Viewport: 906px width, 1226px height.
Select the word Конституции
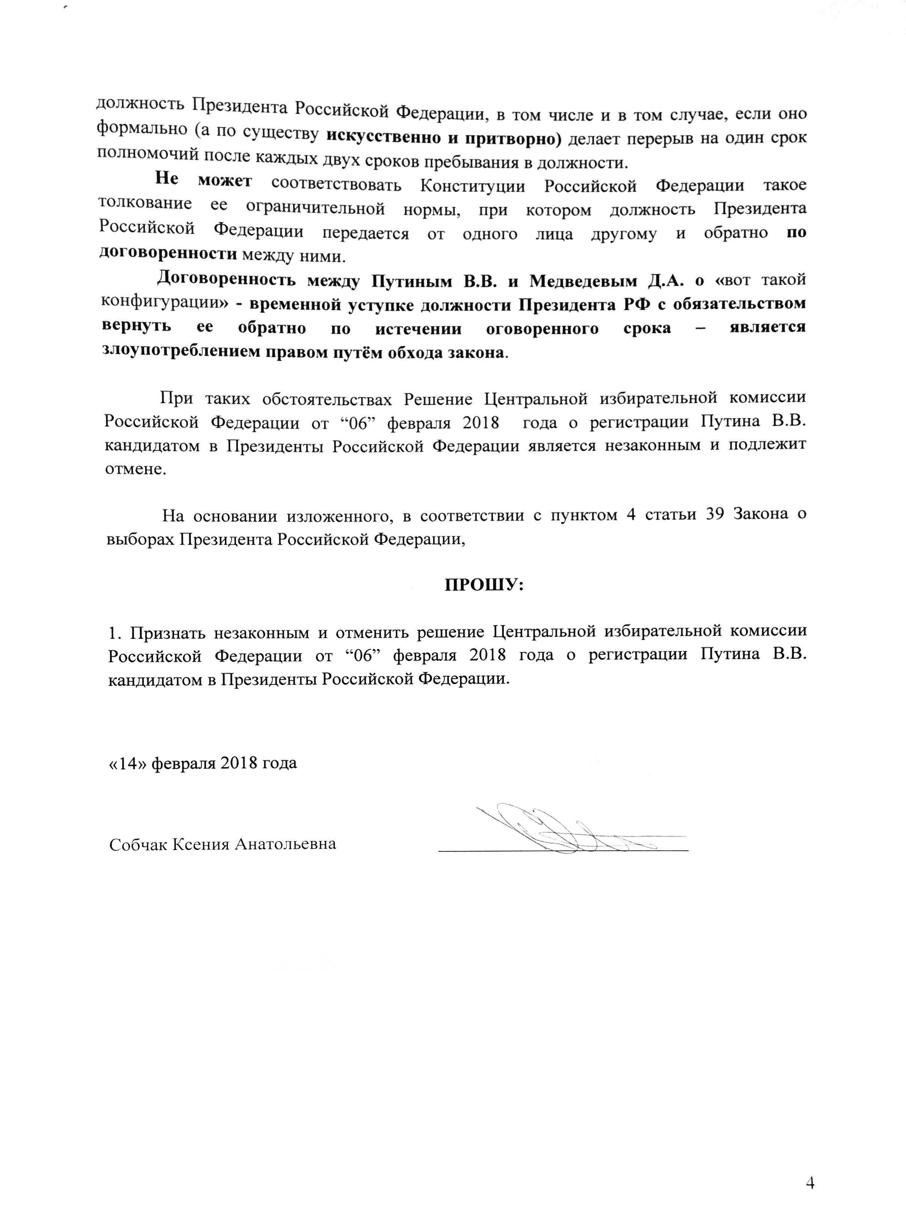pos(473,186)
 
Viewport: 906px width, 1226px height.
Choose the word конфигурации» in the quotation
pos(166,302)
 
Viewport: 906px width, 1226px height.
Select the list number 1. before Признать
pos(113,633)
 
